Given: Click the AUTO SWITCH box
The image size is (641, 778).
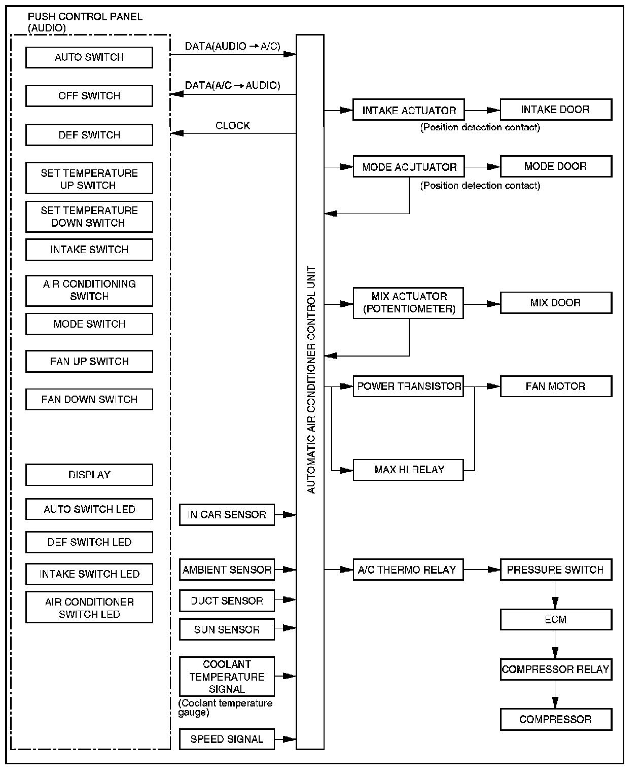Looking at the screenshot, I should pyautogui.click(x=89, y=57).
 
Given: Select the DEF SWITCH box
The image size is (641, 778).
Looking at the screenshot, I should pyautogui.click(x=89, y=135).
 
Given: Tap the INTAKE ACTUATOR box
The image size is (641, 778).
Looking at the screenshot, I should pyautogui.click(x=408, y=110).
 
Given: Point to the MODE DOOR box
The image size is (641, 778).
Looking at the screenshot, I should pyautogui.click(x=555, y=166).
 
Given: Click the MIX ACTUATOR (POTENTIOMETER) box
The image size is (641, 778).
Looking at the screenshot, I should pyautogui.click(x=408, y=303).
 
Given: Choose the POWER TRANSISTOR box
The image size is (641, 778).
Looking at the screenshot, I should pyautogui.click(x=408, y=386).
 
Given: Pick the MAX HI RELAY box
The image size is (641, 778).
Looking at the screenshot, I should pyautogui.click(x=408, y=470).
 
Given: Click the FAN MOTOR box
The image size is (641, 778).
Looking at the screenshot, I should pyautogui.click(x=555, y=386).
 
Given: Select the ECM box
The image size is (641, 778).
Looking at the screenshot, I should pyautogui.click(x=555, y=619).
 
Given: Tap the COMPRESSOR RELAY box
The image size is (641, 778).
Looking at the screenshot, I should pyautogui.click(x=555, y=669).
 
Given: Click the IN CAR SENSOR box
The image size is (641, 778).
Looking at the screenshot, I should pyautogui.click(x=227, y=515).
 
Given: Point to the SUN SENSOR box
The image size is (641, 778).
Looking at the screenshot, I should pyautogui.click(x=227, y=629).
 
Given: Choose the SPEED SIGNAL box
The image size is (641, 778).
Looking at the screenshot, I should pyautogui.click(x=227, y=739).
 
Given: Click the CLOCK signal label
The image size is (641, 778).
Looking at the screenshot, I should pyautogui.click(x=233, y=126).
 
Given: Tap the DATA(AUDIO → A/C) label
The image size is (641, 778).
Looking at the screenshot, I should pyautogui.click(x=232, y=46).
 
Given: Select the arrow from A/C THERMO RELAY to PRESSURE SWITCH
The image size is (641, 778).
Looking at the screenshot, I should pyautogui.click(x=482, y=570).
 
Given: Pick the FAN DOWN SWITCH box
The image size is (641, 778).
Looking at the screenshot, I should pyautogui.click(x=89, y=400).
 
